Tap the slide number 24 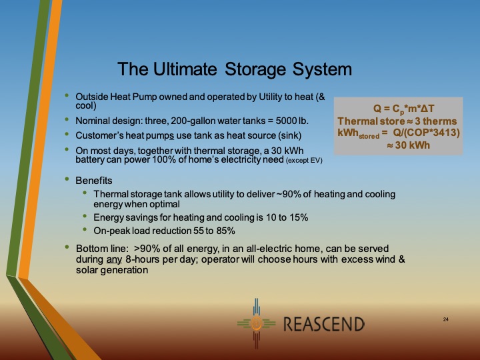[445, 321]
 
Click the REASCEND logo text [324, 325]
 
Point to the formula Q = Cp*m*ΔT [398, 109]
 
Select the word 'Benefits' [94, 181]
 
